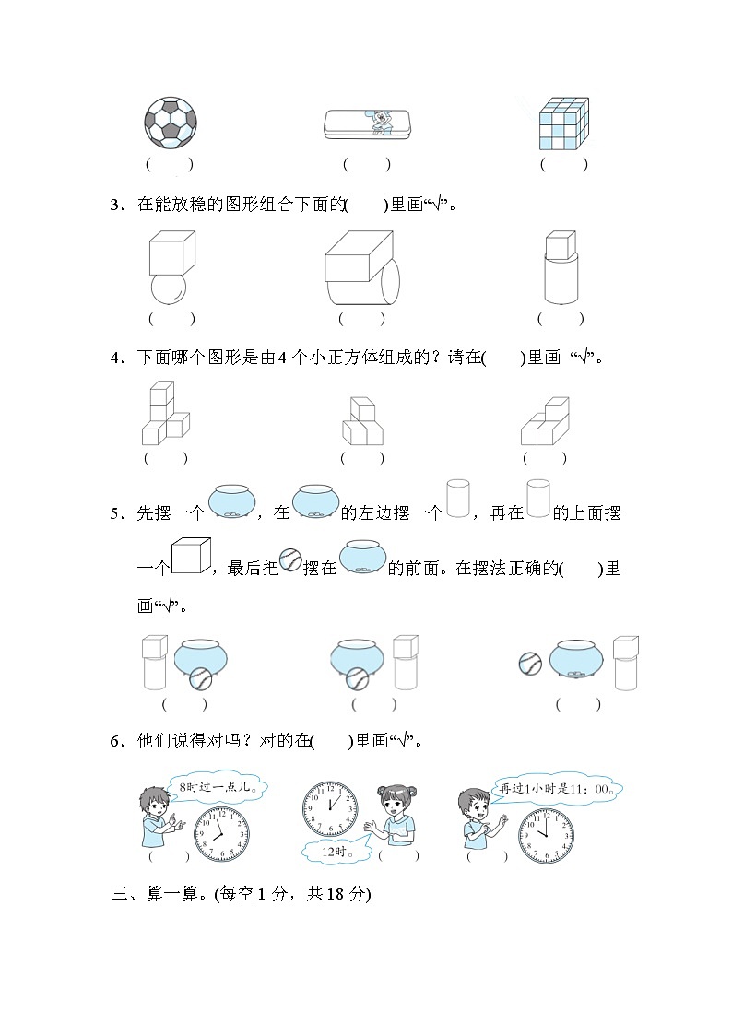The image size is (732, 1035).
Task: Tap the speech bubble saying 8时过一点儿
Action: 218,786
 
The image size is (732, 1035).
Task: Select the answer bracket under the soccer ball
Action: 170,165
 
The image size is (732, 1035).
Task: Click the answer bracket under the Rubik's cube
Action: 563,165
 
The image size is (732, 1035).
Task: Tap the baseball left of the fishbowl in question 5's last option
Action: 531,663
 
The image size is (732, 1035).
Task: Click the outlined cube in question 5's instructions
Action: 192,556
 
